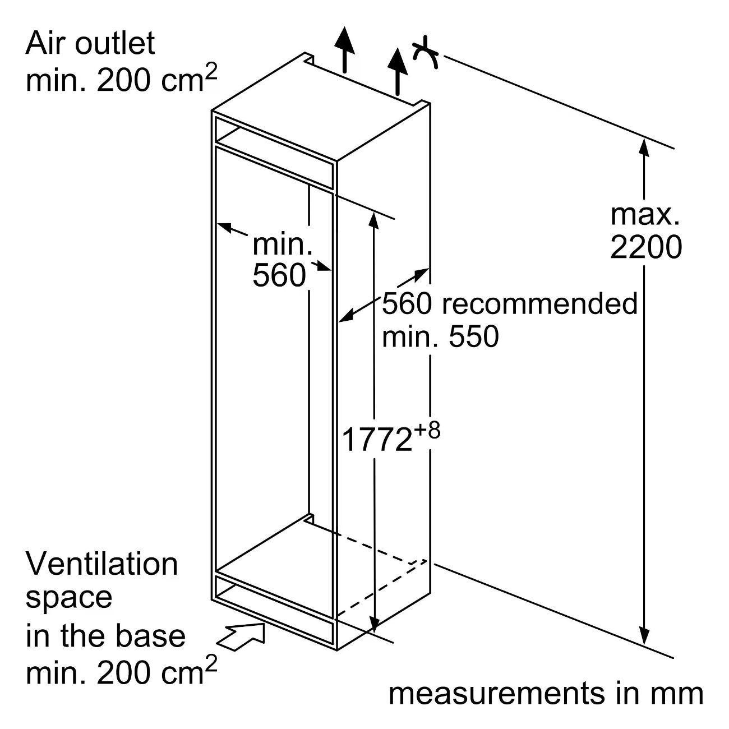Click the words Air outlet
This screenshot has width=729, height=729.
click(90, 44)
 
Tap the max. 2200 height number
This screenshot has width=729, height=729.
click(646, 247)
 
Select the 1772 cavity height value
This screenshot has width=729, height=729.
click(376, 440)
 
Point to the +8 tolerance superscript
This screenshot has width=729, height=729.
click(426, 430)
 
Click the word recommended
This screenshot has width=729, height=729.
click(540, 304)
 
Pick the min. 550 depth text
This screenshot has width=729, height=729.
click(440, 336)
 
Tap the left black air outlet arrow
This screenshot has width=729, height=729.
click(344, 49)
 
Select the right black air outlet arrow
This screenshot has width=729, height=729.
click(397, 71)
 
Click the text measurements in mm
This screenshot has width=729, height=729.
click(546, 694)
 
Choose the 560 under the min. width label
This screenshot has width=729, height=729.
click(279, 275)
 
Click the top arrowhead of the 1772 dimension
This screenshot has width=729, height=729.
click(374, 220)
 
